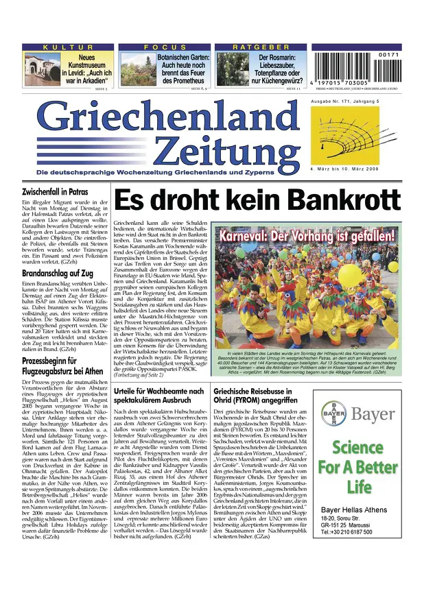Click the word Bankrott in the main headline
coord(341,201)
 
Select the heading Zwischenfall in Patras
coord(56,193)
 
